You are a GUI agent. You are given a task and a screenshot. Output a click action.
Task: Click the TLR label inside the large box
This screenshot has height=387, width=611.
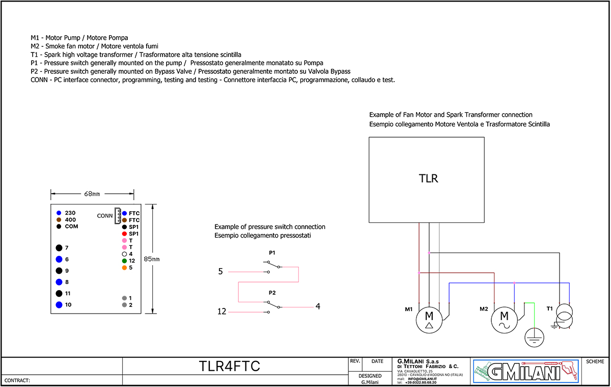tap(428, 178)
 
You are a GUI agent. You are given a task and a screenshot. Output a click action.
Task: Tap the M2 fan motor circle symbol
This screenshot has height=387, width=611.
tap(504, 320)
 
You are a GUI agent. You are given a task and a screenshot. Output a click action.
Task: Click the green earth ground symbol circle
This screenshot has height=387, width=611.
tap(534, 337)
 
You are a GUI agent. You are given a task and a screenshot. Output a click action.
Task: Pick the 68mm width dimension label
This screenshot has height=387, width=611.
tap(92, 194)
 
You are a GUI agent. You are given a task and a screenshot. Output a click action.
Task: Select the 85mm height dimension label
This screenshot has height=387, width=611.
tap(151, 259)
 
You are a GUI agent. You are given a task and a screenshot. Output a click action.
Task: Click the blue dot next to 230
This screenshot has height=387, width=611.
tap(59, 213)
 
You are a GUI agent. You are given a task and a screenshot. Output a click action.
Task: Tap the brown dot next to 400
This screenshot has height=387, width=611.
tap(59, 220)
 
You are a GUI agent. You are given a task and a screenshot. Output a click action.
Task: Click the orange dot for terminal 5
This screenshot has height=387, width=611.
tap(124, 267)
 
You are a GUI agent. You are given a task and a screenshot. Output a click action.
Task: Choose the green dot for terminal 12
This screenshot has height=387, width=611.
tap(124, 261)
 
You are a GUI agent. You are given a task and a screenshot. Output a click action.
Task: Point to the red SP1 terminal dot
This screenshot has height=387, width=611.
tap(124, 234)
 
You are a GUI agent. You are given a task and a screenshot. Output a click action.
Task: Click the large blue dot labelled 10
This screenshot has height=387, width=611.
tap(59, 305)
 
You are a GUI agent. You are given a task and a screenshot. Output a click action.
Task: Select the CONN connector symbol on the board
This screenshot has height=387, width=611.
tap(118, 216)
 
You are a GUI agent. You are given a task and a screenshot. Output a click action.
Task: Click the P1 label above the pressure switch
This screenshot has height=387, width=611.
tap(272, 253)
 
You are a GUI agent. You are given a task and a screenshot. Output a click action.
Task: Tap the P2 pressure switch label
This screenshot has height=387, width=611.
tap(272, 293)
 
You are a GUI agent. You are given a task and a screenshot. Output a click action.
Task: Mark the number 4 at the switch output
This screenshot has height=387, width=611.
tap(318, 306)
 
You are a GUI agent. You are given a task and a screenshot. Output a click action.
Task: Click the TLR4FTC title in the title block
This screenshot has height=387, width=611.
tap(229, 366)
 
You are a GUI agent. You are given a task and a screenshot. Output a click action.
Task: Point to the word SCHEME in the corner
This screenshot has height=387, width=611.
tap(595, 362)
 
